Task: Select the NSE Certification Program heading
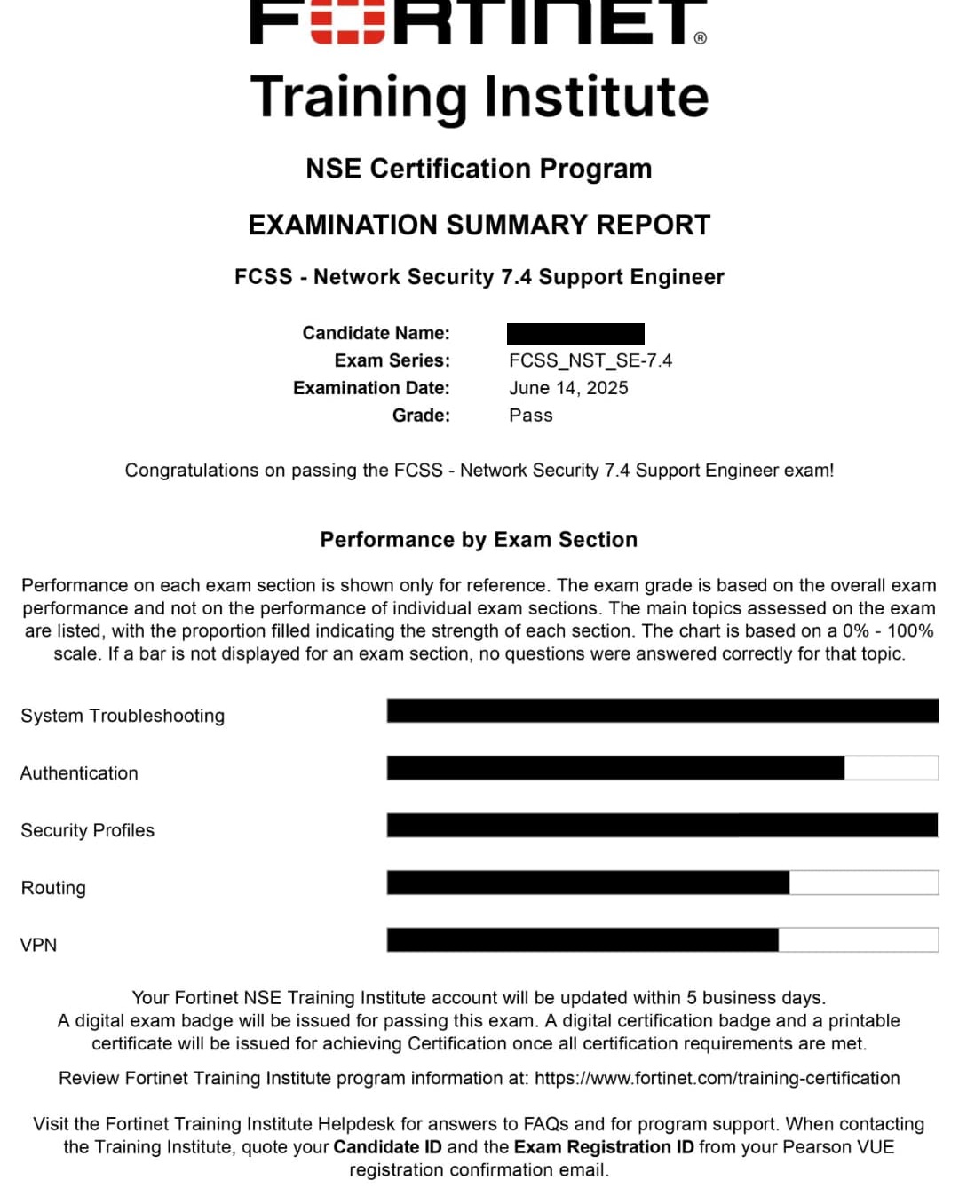coord(479,169)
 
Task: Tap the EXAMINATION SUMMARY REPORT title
coord(479,225)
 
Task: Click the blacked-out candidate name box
coord(575,334)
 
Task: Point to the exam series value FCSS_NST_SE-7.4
coord(590,360)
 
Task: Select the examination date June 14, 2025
coord(568,388)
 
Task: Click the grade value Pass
coord(531,416)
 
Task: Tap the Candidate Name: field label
coord(376,333)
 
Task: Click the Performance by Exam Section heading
coord(479,540)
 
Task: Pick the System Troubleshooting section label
coord(123,716)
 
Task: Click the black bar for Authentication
coord(615,768)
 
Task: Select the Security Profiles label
coord(87,830)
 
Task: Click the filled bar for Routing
coord(588,883)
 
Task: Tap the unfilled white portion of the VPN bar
coord(858,939)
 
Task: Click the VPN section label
coord(38,945)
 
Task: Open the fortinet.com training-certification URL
coord(717,1078)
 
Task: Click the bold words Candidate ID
coord(387,1147)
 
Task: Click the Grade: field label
coord(421,416)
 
